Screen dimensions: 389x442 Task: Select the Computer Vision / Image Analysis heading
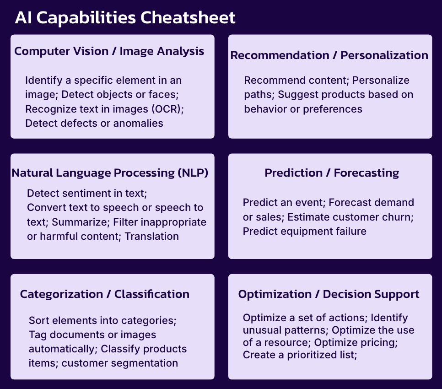tap(109, 51)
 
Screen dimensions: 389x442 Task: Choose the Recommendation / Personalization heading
tap(329, 55)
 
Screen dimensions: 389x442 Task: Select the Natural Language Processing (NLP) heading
tap(110, 173)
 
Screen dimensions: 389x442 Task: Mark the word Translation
tap(151, 236)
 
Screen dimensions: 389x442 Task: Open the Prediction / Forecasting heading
tap(332, 173)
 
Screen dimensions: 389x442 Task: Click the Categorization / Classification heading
tap(104, 294)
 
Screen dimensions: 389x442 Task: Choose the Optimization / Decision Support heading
tap(329, 294)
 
